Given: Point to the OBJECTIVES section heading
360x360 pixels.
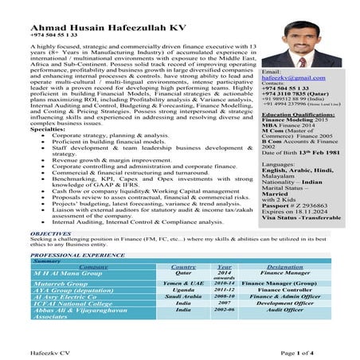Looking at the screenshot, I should (x=51, y=234).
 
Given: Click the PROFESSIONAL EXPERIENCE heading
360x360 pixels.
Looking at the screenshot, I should (x=78, y=255).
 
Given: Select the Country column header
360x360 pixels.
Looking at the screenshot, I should (x=184, y=267).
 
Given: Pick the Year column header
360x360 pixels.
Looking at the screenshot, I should (x=224, y=267).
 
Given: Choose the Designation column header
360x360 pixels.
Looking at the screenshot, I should (x=285, y=267).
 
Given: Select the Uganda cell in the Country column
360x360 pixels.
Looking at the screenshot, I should (x=184, y=290).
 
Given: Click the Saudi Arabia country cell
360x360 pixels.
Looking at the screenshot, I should (x=184, y=296).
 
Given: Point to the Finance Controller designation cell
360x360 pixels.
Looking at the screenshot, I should (x=284, y=290).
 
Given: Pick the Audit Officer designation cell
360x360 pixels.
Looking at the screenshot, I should (x=284, y=311).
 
